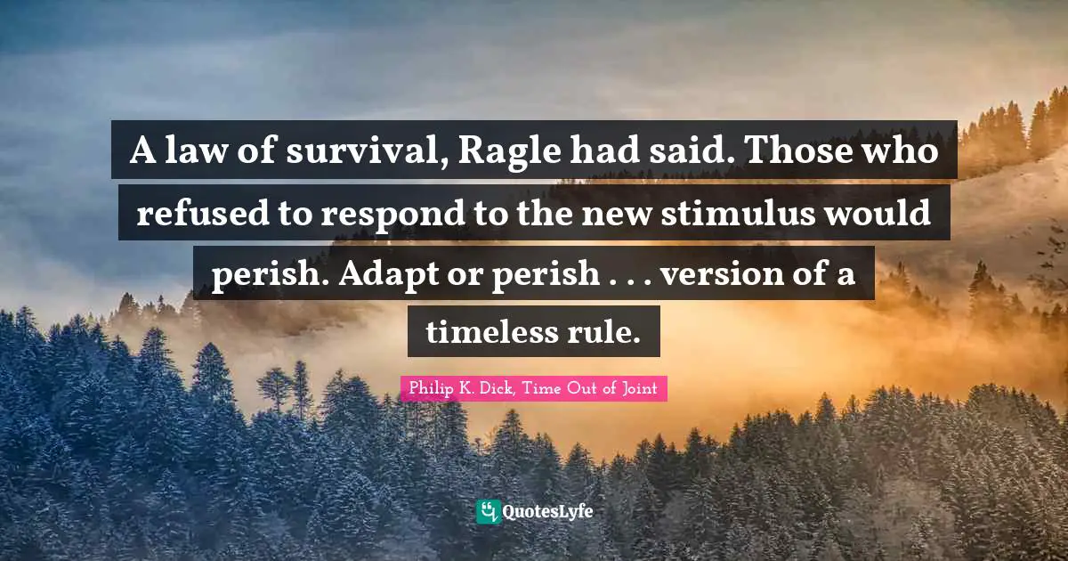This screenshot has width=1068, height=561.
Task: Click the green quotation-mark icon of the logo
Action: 488,511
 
